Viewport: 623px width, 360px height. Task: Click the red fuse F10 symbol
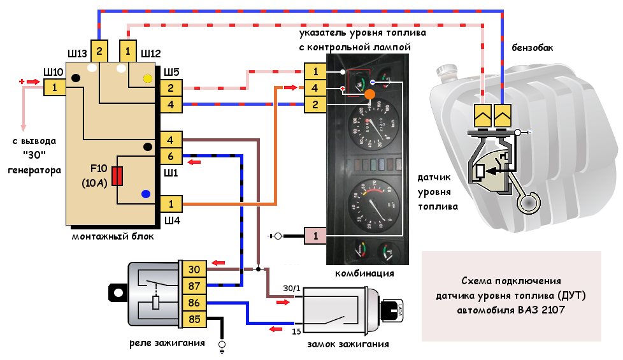[x=117, y=176]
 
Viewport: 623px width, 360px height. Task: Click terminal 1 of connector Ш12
[x=128, y=51]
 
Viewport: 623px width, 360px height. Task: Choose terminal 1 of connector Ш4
[x=170, y=204]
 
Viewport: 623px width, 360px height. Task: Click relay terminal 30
[x=193, y=270]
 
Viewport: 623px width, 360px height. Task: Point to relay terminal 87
[x=193, y=285]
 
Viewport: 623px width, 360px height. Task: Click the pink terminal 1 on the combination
[x=315, y=236]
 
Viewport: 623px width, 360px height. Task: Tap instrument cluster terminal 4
[x=315, y=88]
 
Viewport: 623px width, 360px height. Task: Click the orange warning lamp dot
[x=369, y=94]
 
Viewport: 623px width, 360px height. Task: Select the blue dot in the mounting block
[x=146, y=194]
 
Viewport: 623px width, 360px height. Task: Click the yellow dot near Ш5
[x=148, y=79]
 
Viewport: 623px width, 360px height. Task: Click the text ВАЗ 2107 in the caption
[x=538, y=310]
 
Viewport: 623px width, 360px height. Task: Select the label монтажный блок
[x=112, y=236]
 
